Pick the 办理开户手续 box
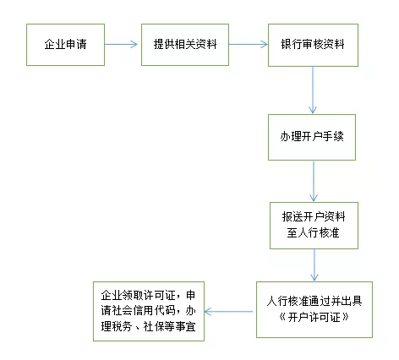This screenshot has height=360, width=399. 313,135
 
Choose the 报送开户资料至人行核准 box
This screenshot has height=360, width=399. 313,223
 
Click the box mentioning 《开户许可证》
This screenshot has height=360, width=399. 313,312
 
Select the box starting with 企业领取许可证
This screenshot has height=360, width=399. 147,312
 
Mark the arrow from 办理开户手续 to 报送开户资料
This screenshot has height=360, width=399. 314,179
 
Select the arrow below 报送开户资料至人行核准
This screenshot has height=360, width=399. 314,266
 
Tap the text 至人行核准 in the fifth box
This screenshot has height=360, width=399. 313,232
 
